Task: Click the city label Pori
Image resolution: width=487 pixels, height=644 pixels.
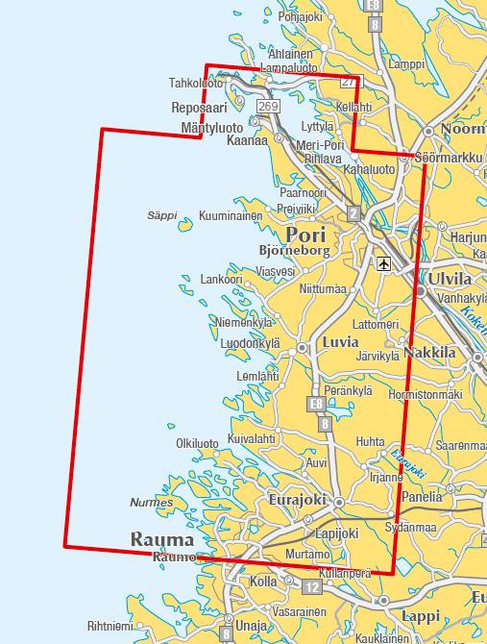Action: coord(306,234)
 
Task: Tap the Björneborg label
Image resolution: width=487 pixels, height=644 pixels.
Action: coord(294,251)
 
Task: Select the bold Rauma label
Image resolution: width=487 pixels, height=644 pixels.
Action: coord(161,539)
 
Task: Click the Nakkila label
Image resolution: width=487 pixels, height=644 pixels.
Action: coord(429,353)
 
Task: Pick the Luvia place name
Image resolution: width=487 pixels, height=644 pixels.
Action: coord(342,341)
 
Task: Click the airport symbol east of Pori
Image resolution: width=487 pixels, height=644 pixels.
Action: coord(384,262)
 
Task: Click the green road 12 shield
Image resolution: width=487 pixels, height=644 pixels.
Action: coord(310,586)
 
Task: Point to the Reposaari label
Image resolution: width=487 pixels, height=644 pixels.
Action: coord(198,108)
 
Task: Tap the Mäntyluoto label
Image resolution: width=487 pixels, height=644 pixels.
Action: coord(211,127)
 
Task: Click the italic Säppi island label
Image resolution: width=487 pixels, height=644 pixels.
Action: coord(162,215)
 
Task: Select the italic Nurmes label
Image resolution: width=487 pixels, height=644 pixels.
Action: coord(152,503)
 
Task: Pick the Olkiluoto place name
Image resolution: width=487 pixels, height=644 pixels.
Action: coord(197,443)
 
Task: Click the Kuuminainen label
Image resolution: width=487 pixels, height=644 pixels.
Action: coord(230,216)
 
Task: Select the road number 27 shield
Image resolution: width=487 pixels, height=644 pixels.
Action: coord(348,82)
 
